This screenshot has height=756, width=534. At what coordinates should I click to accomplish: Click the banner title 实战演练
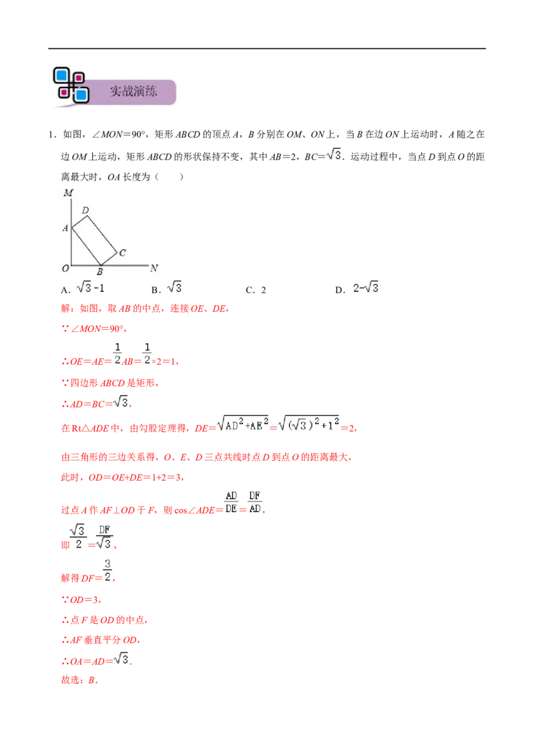coord(133,91)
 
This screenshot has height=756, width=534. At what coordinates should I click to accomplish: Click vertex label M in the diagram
coord(68,193)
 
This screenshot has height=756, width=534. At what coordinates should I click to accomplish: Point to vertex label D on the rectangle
coord(85,210)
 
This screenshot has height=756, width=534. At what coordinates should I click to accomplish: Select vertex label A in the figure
coord(65,228)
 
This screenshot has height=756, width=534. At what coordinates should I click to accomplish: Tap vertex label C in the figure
coord(122,252)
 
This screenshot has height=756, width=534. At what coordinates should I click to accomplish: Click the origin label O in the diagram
coord(65,268)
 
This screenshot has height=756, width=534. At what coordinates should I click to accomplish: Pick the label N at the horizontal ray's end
coord(154,268)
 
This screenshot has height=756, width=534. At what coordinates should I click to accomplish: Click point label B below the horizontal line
coord(99,272)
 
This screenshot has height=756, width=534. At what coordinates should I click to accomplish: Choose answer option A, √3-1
coord(82,289)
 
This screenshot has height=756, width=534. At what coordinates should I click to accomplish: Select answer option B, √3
coord(166,289)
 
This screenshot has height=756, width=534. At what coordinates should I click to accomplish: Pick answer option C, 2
coord(256,290)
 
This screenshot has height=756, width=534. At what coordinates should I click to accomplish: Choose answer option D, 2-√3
coord(356,289)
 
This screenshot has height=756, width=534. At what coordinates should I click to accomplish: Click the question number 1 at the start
coord(52,134)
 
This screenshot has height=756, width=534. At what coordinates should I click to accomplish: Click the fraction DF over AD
coord(255,502)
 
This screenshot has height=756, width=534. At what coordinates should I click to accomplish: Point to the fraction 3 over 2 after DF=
coord(107,570)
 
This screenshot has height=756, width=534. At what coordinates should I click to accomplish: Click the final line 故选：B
coord(79,681)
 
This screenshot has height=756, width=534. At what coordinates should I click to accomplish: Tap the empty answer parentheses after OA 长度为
coord(169,177)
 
